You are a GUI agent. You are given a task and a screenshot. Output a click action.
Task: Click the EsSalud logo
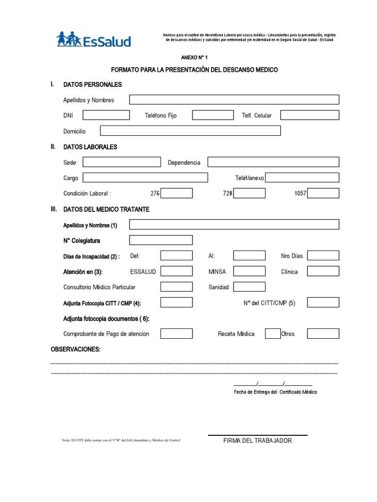coord(94,40)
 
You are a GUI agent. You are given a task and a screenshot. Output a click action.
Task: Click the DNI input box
coord(106,115)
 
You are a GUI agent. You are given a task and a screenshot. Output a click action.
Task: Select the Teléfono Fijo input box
coord(213,115)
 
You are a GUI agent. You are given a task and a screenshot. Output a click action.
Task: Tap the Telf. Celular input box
coord(309,115)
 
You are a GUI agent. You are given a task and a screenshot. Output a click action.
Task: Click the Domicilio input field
coord(190,131)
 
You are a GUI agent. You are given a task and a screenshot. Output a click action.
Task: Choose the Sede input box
coord(122,162)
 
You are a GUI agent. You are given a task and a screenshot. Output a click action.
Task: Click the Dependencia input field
coord(273,162)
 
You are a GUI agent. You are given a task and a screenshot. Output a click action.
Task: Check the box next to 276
coord(177,193)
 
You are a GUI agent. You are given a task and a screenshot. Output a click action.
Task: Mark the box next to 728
coord(249,193)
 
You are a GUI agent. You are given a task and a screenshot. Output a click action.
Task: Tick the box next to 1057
coord(323,193)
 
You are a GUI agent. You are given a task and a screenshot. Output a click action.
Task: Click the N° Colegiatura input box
coord(161,240)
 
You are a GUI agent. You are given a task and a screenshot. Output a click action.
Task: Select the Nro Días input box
coord(323,255)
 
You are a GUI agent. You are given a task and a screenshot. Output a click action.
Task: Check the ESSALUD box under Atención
coord(177,271)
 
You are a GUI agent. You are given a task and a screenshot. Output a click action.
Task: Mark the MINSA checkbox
coord(249,271)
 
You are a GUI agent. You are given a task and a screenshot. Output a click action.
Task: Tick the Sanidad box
coord(249,287)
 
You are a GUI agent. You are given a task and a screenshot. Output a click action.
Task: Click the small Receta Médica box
coord(272,334)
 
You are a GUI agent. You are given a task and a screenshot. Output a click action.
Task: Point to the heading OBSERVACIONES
coord(76,349)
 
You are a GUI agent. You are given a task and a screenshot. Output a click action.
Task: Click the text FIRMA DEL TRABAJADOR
coord(257,441)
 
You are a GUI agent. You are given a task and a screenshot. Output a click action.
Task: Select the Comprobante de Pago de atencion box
coord(177,334)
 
